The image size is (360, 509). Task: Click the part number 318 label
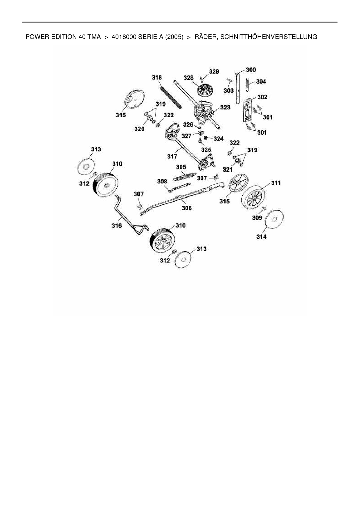tap(157, 77)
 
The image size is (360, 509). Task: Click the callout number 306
tap(187, 208)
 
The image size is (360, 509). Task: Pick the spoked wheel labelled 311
tap(253, 198)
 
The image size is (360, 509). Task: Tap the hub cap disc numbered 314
tap(275, 219)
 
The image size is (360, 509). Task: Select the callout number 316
tap(117, 225)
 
